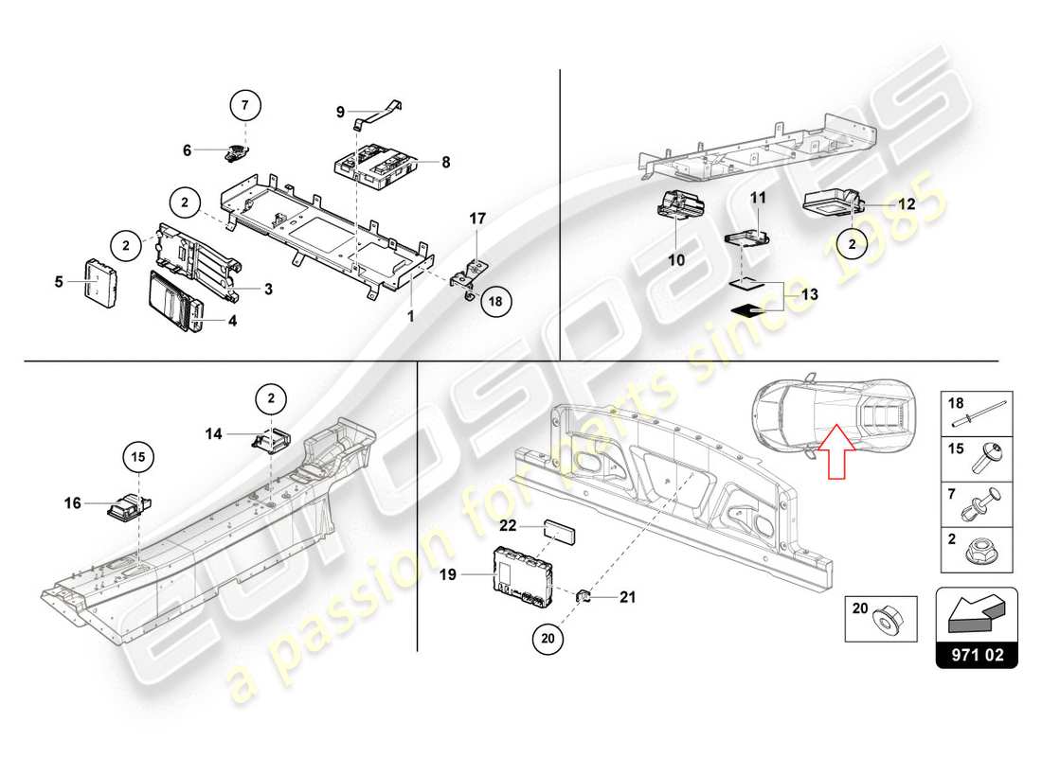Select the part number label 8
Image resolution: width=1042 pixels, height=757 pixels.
click(x=445, y=162)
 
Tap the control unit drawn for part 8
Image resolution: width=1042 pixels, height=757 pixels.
click(x=379, y=165)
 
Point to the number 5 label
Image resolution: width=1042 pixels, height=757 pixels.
click(x=59, y=281)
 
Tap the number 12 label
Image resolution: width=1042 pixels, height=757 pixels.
click(x=907, y=203)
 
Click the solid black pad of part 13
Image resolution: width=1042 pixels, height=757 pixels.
click(x=746, y=308)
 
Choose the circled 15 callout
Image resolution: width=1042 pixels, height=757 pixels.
click(x=139, y=459)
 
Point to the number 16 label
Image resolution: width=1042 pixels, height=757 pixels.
click(x=73, y=504)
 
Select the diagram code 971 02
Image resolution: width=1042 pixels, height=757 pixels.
click(x=977, y=653)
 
